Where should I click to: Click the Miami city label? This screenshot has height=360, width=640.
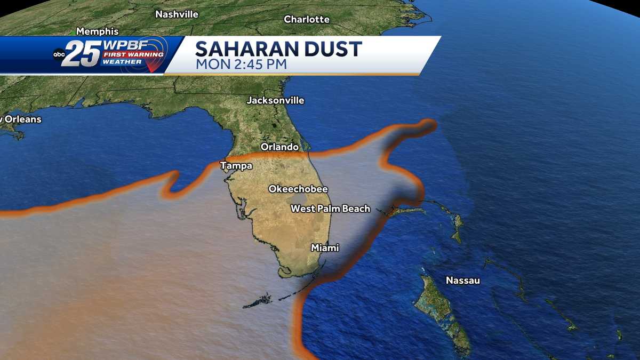[x=325, y=248]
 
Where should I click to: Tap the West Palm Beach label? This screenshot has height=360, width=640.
[x=330, y=209]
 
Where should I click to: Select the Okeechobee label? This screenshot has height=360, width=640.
[x=298, y=189]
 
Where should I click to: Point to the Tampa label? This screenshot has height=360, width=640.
[x=236, y=166]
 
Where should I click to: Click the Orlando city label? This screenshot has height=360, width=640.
[x=279, y=147]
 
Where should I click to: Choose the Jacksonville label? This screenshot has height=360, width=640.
[x=275, y=100]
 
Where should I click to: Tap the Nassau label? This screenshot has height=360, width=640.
[x=462, y=281]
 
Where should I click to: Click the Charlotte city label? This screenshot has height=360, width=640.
[x=307, y=19]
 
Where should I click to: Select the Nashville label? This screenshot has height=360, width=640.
[x=177, y=14]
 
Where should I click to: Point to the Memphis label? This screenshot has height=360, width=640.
[x=97, y=31]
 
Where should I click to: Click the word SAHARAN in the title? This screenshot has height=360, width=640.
[x=249, y=49]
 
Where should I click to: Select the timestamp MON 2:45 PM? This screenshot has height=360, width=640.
[x=241, y=65]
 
